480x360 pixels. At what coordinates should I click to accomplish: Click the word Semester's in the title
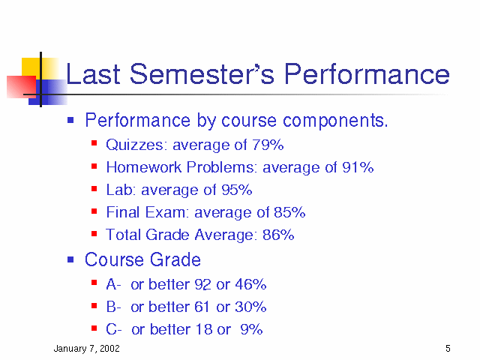[x=202, y=73]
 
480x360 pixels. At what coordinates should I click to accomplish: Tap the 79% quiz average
[x=268, y=145]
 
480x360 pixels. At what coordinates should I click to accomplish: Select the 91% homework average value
[x=358, y=167]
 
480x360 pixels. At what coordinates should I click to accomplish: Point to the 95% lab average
[x=237, y=190]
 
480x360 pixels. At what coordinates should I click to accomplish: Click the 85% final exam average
[x=289, y=212]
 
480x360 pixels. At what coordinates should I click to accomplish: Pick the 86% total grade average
[x=278, y=235]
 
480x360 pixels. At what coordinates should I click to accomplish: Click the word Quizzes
[x=135, y=145]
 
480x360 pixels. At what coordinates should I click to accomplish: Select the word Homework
[x=144, y=167]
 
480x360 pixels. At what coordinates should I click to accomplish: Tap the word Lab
[x=119, y=190]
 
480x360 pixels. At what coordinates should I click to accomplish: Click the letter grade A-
[x=113, y=284]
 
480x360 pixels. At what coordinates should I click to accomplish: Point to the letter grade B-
[x=113, y=307]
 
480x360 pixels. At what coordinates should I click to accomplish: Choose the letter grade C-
[x=113, y=329]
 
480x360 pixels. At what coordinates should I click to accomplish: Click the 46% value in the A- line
[x=250, y=284]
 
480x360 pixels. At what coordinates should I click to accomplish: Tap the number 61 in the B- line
[x=202, y=307]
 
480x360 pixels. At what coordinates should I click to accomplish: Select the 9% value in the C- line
[x=251, y=329]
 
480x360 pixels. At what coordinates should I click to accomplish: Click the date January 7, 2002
[x=87, y=349]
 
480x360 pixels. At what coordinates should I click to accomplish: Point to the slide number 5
[x=448, y=348]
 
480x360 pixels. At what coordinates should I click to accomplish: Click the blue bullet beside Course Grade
[x=70, y=260]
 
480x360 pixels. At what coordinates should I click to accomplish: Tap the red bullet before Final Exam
[x=94, y=211]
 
